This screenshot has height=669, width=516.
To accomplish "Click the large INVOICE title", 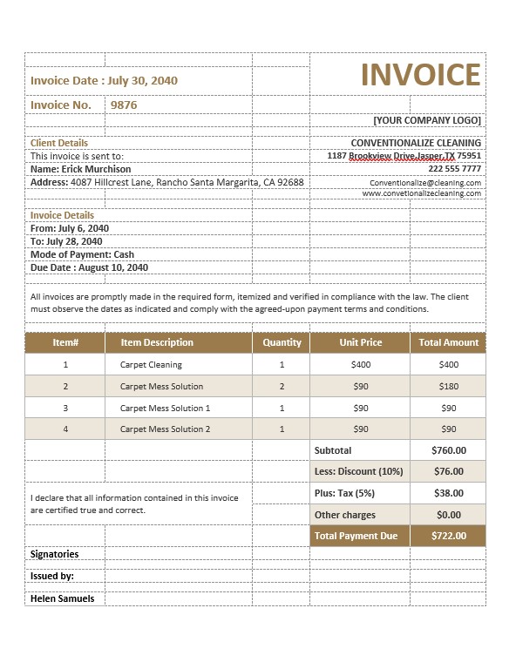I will [x=420, y=75].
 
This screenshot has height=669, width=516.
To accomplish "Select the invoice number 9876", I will [x=123, y=105].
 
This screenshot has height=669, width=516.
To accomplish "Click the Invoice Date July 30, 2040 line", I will [x=104, y=80].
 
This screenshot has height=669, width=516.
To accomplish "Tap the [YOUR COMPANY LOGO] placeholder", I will [x=426, y=120].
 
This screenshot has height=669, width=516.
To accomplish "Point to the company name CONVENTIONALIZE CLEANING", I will [x=415, y=143].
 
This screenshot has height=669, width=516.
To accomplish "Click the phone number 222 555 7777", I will [x=454, y=169].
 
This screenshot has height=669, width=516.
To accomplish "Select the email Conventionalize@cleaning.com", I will [x=424, y=183].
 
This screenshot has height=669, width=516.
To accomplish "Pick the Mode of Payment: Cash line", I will [x=82, y=254].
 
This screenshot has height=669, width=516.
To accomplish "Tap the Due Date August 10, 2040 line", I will [x=89, y=267].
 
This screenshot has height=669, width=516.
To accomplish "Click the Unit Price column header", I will [x=360, y=342].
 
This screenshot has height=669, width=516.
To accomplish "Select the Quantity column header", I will [x=282, y=342].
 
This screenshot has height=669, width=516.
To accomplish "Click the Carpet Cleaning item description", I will [x=151, y=365].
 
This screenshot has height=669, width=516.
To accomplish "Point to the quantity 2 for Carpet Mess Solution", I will [x=282, y=386].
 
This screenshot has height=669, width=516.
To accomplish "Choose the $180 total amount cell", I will [x=448, y=386].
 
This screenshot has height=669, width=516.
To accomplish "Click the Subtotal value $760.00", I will [x=448, y=450].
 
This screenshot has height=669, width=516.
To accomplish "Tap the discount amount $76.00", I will [x=448, y=471].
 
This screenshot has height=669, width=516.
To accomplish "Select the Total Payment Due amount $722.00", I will [x=448, y=536].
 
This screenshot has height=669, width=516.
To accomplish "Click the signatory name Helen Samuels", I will [x=62, y=598].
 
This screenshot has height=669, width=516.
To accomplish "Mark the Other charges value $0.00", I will [x=448, y=515].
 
